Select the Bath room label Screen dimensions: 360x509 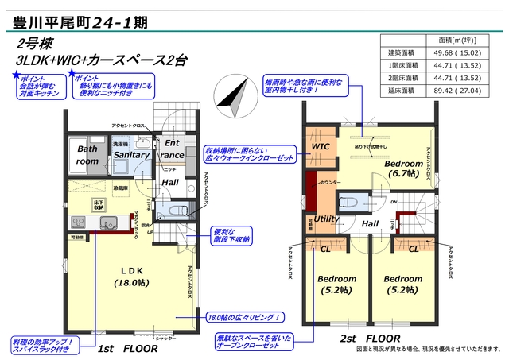(87, 154)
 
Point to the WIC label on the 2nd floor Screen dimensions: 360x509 (321, 148)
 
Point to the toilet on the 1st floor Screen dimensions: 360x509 (177, 210)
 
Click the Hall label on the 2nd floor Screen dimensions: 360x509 (370, 224)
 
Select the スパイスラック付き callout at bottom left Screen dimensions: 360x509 (44, 346)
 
